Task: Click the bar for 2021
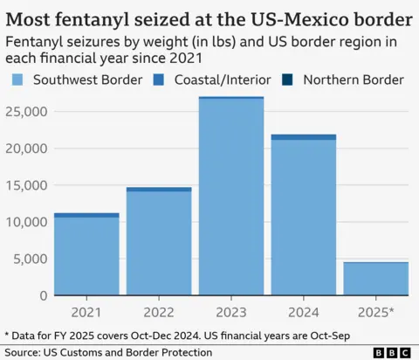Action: pyautogui.click(x=86, y=254)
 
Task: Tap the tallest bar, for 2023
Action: pyautogui.click(x=230, y=196)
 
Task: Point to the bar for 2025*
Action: pyautogui.click(x=375, y=279)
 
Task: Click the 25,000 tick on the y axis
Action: pyautogui.click(x=25, y=111)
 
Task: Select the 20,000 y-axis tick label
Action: pyautogui.click(x=25, y=149)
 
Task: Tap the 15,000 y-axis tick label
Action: pyautogui.click(x=25, y=185)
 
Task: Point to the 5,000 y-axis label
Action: pyautogui.click(x=30, y=259)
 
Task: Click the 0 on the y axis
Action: pyautogui.click(x=41, y=295)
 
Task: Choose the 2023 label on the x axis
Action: pyautogui.click(x=230, y=312)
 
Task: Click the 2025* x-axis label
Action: pyautogui.click(x=376, y=312)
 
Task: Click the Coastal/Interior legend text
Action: pyautogui.click(x=224, y=80)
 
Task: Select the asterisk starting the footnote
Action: pyautogui.click(x=6, y=335)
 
